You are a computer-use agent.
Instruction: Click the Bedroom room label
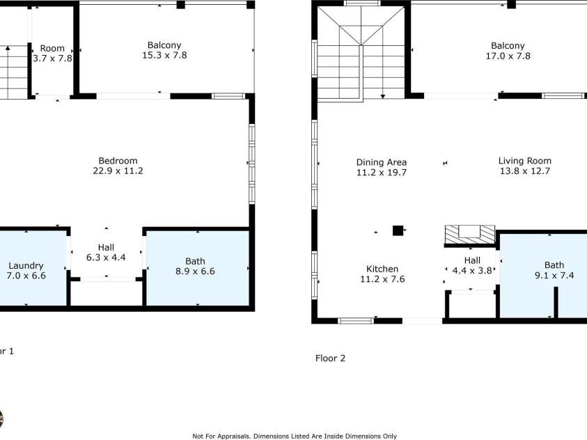pyautogui.click(x=118, y=160)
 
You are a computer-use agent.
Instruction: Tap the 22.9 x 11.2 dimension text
pyautogui.click(x=118, y=171)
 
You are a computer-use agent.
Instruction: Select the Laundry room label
pyautogui.click(x=26, y=265)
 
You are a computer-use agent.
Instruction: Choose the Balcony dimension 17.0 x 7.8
pyautogui.click(x=508, y=56)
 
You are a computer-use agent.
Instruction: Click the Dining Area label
pyautogui.click(x=381, y=162)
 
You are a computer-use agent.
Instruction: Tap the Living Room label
pyautogui.click(x=524, y=161)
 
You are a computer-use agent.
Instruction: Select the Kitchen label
pyautogui.click(x=382, y=269)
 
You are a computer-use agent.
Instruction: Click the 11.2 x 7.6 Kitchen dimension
pyautogui.click(x=382, y=279)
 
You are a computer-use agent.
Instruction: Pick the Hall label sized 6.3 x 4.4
pyautogui.click(x=106, y=247)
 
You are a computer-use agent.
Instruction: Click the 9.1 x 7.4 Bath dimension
pyautogui.click(x=554, y=276)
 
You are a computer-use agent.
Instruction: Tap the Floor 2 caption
pyautogui.click(x=330, y=359)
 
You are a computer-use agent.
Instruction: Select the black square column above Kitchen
pyautogui.click(x=398, y=230)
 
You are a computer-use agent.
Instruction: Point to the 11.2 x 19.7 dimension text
pyautogui.click(x=381, y=173)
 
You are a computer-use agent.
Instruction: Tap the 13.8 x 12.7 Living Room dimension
pyautogui.click(x=524, y=171)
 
